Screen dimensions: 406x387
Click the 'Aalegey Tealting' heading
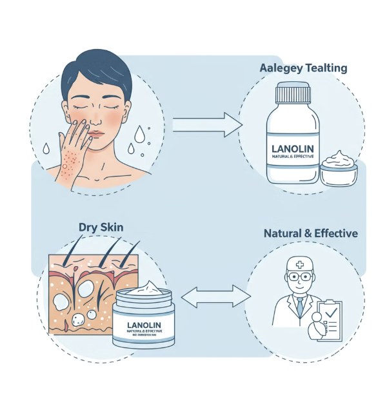tap(303, 67)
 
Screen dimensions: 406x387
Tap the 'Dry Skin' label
tap(101, 227)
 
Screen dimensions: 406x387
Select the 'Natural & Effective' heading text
tap(310, 233)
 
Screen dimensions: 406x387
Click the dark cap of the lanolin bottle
tap(297, 94)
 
